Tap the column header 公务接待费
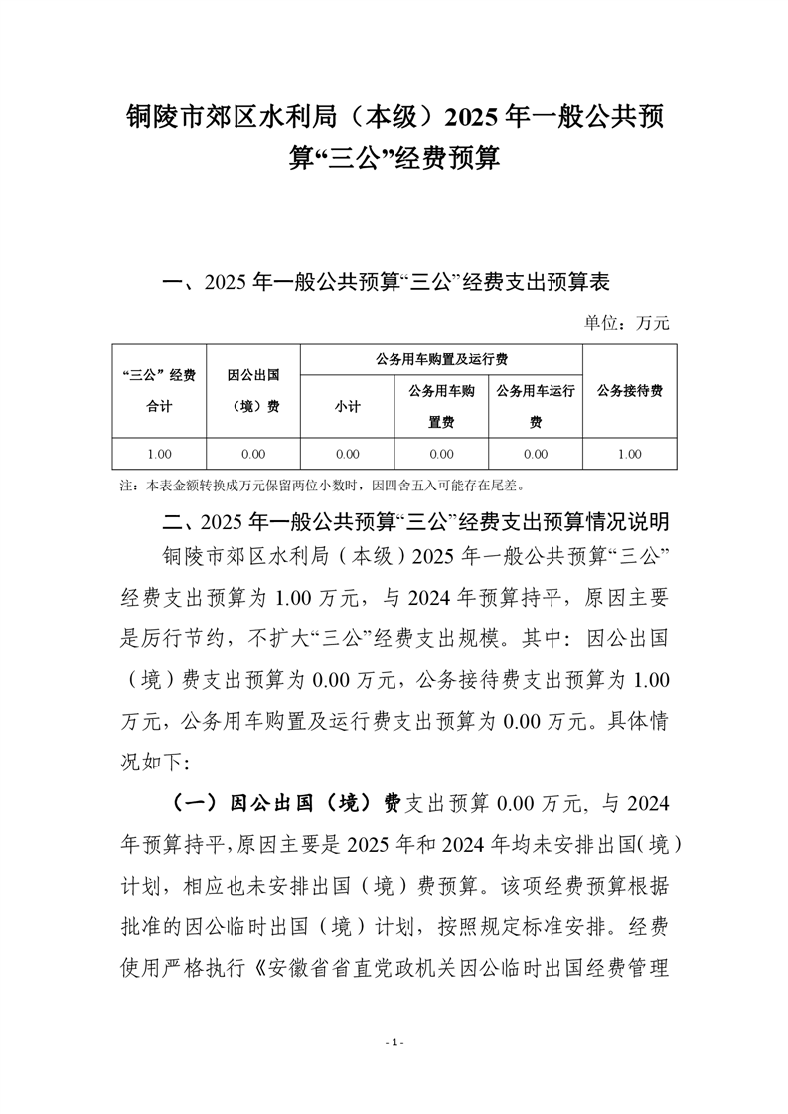click(630, 391)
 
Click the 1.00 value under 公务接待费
click(630, 454)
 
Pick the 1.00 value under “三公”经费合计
click(159, 454)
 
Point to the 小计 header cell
click(347, 407)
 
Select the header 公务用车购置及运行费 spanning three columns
click(441, 359)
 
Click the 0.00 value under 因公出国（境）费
click(253, 454)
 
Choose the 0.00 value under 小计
click(347, 454)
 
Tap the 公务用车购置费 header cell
click(441, 407)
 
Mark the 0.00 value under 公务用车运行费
click(536, 454)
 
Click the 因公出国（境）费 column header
click(253, 391)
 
